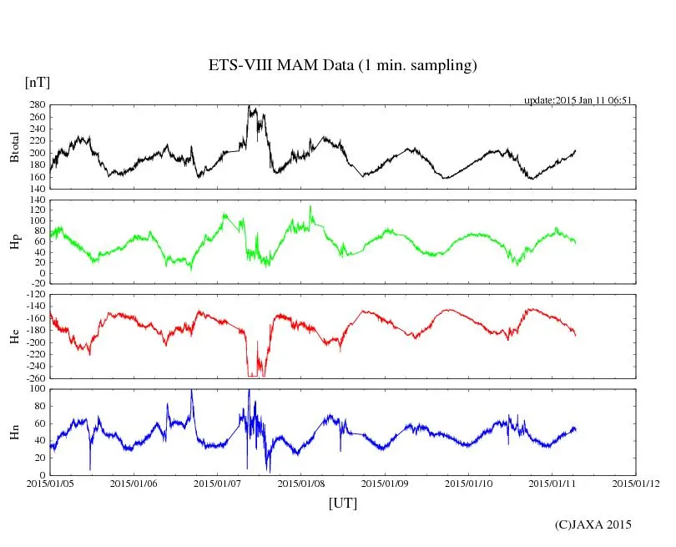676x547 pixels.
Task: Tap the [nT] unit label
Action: tap(37, 82)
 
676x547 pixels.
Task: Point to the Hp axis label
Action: tap(14, 241)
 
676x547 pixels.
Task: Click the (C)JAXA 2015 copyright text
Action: tap(593, 524)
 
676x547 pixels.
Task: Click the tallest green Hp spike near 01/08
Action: tap(310, 207)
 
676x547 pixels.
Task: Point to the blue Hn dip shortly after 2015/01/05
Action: tap(90, 468)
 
